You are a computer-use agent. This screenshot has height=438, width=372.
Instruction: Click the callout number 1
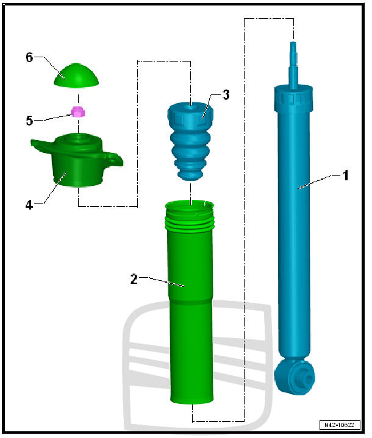click(345, 175)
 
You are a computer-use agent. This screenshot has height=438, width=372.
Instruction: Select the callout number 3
click(226, 94)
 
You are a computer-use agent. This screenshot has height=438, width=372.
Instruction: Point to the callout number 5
click(29, 120)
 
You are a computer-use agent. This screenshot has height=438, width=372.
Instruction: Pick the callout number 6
click(29, 57)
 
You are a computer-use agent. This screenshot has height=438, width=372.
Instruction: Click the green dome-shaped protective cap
click(77, 74)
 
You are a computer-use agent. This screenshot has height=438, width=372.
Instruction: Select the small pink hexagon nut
click(77, 112)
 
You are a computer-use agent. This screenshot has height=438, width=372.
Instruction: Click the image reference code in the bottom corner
click(338, 425)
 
